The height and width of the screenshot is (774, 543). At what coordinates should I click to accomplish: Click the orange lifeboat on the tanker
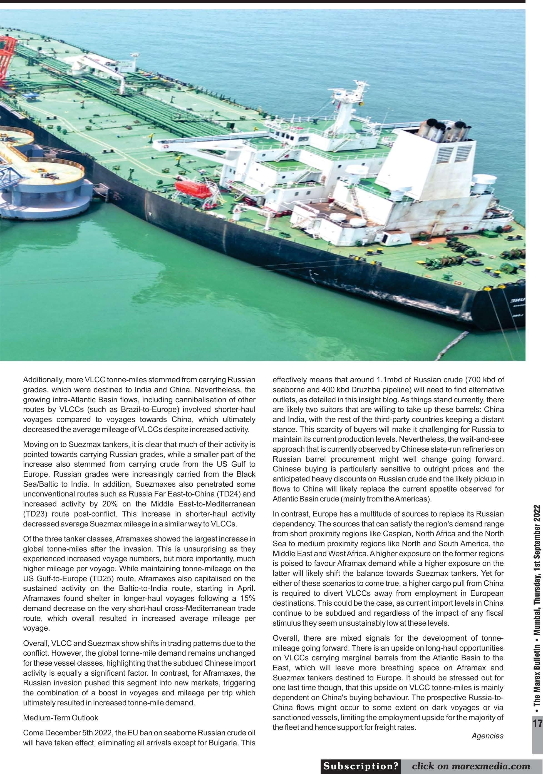[x=193, y=189]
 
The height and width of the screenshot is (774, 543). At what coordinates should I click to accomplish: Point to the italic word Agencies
[x=487, y=736]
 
